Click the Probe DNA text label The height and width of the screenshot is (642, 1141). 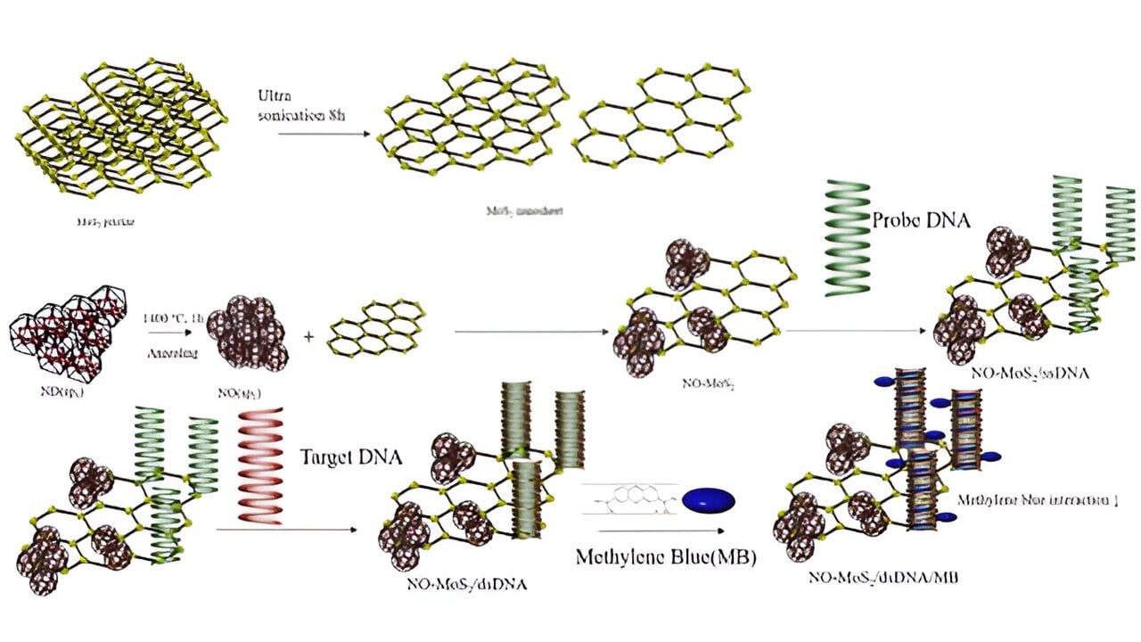coord(920,219)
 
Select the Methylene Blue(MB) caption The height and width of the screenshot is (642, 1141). coord(666,559)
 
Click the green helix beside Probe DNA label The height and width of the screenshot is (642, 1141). coord(847,237)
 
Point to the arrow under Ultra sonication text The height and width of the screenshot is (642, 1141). coord(324,135)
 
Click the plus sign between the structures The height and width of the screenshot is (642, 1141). coord(308,338)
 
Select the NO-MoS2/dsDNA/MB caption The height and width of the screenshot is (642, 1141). coord(883,578)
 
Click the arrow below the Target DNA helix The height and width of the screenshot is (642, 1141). coord(285,531)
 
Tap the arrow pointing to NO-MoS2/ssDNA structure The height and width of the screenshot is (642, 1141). coord(856,331)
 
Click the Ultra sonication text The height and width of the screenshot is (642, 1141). coord(300,106)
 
